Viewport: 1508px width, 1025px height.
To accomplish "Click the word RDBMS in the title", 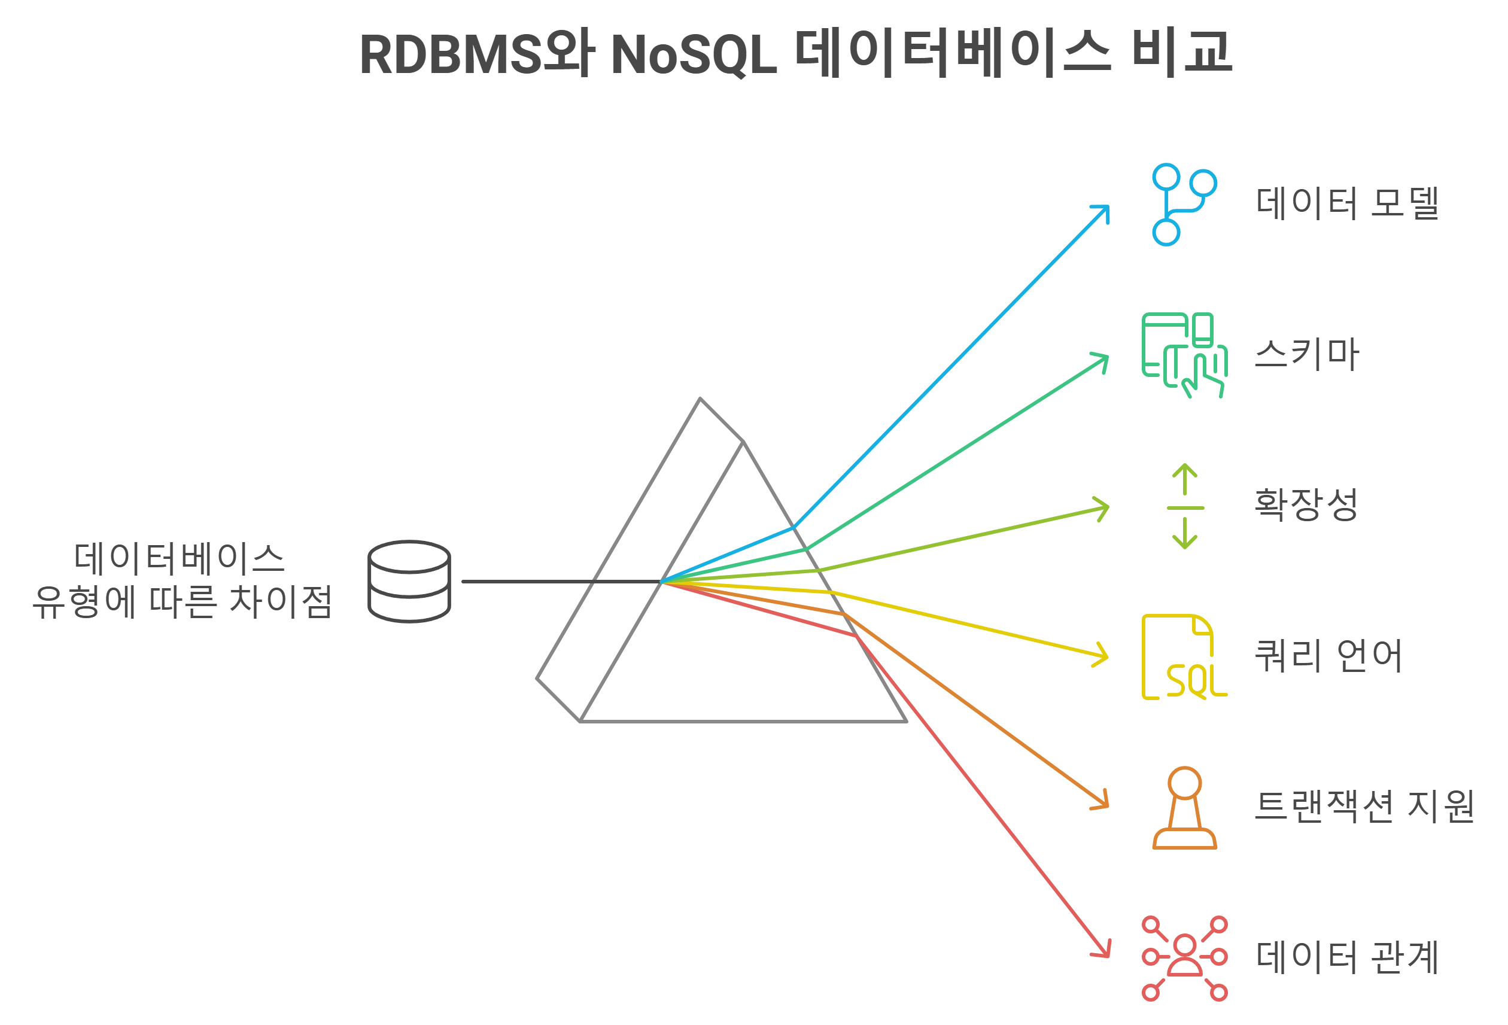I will click(x=451, y=54).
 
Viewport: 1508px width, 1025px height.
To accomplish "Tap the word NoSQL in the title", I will click(x=693, y=54).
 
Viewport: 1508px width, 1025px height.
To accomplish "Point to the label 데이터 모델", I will click(x=1348, y=203).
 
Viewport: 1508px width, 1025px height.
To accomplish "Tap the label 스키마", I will click(x=1306, y=355).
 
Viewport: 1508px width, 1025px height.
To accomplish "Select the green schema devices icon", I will click(x=1184, y=355).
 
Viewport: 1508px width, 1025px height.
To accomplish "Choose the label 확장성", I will click(x=1306, y=504).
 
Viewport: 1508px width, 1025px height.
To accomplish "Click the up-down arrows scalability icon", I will click(x=1185, y=506).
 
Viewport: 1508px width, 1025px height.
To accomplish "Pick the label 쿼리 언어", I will click(x=1328, y=656).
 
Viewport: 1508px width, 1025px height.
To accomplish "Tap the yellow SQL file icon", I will click(x=1184, y=656).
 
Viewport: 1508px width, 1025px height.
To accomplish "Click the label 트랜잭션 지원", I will click(x=1364, y=807).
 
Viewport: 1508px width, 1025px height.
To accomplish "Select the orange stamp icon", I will click(x=1184, y=808).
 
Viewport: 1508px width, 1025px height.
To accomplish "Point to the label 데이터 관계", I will click(x=1348, y=957).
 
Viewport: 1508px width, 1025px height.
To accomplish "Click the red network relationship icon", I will click(x=1184, y=958).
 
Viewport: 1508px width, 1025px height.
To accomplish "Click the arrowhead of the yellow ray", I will click(x=1103, y=655).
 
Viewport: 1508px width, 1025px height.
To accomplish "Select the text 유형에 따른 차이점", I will click(x=183, y=601).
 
